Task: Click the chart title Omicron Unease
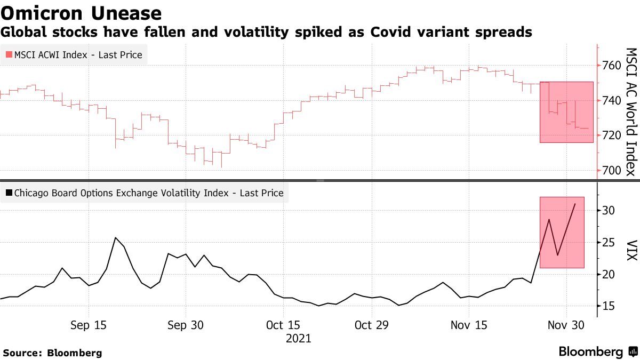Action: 81,12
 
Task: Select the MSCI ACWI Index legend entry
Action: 74,55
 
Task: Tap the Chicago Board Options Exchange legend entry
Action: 145,193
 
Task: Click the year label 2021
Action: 298,339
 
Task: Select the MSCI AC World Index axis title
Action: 631,111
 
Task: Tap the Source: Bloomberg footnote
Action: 52,353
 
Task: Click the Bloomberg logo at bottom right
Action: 598,352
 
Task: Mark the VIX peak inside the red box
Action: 575,204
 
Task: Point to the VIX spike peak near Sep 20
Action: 116,237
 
